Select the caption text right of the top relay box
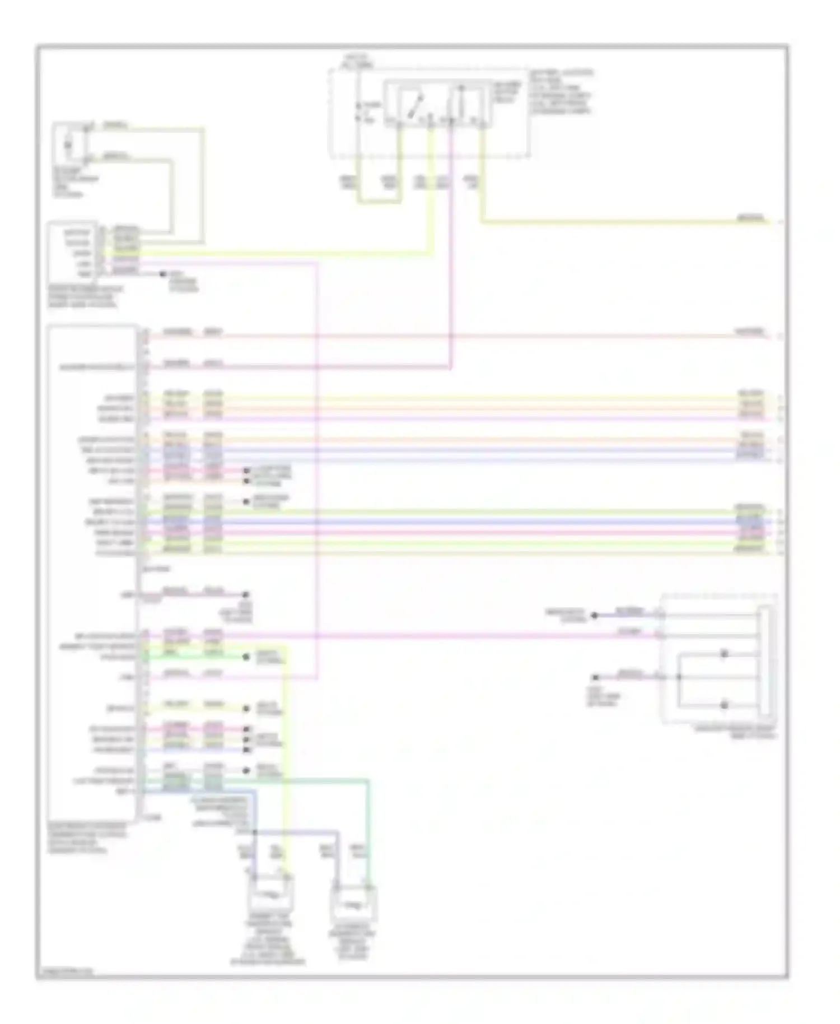tap(560, 92)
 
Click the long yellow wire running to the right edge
tap(616, 222)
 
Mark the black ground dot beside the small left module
tap(163, 274)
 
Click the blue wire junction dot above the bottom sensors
tap(255, 832)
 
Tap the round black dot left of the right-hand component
tap(595, 615)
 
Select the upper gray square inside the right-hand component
tap(724, 653)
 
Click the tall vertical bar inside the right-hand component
tap(765, 661)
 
